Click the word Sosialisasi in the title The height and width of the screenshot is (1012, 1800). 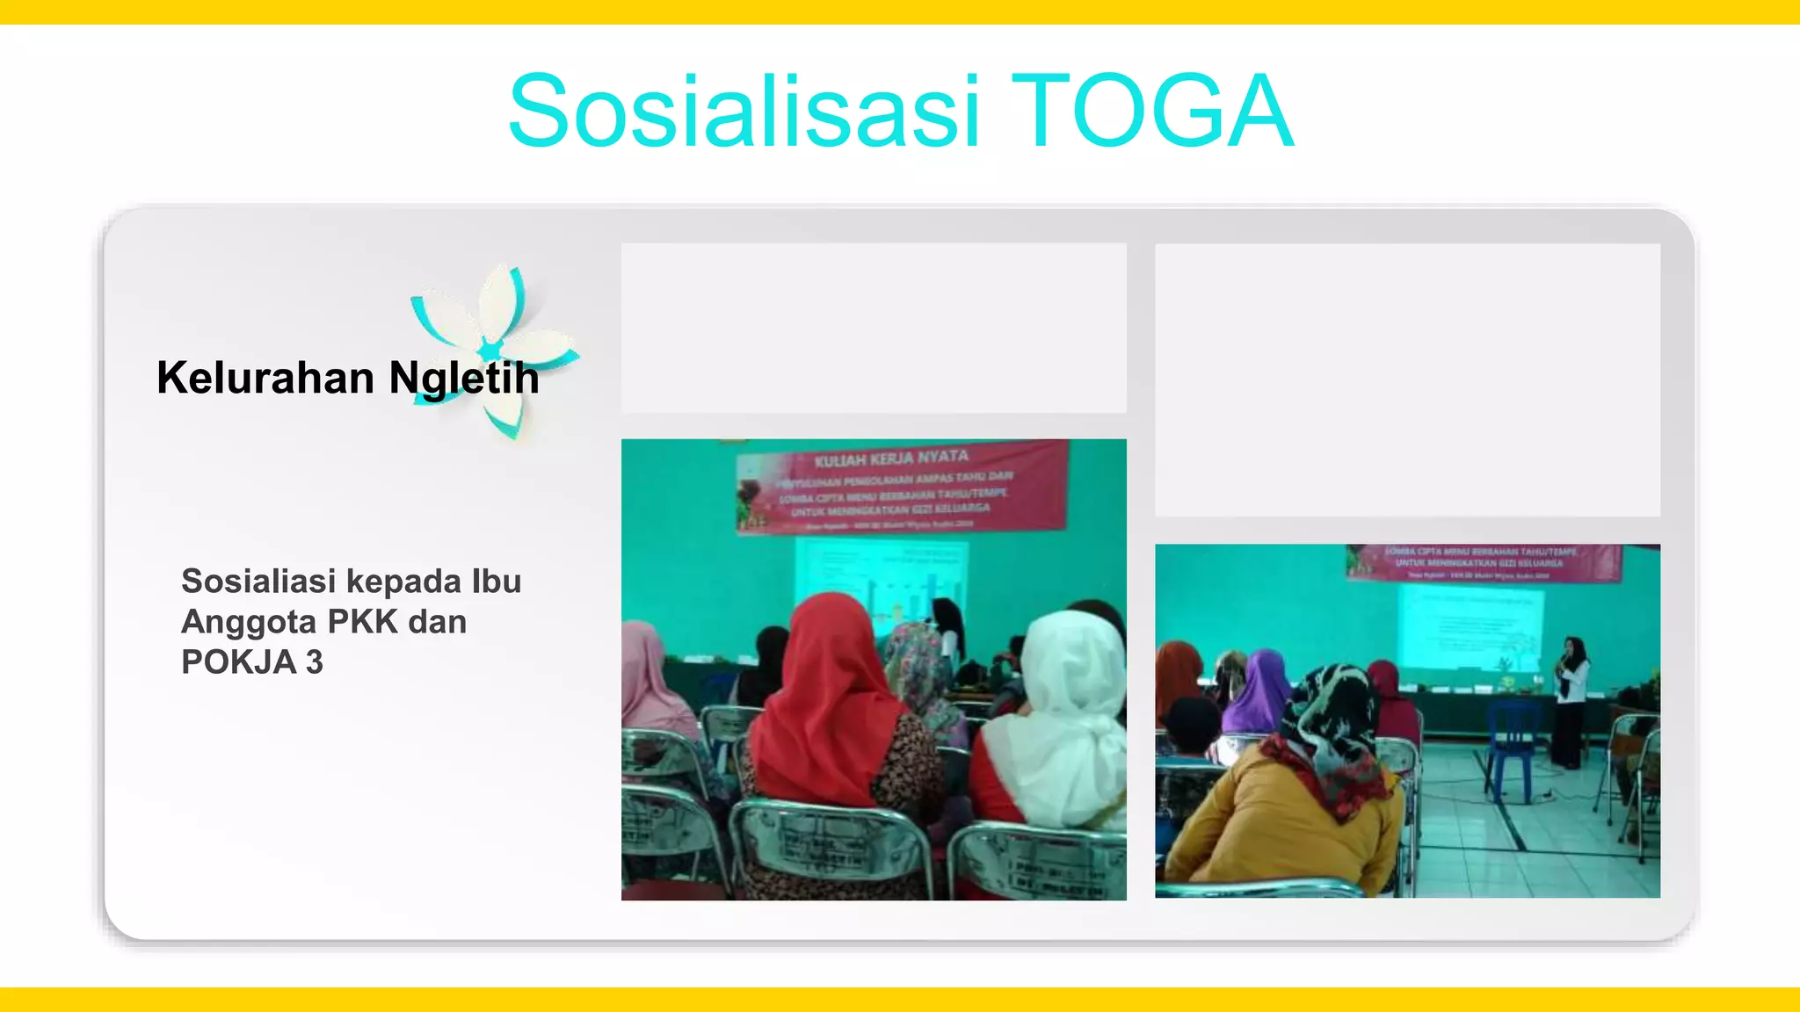point(744,112)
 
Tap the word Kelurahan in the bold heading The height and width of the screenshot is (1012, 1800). point(265,379)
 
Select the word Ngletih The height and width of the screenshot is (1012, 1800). point(464,379)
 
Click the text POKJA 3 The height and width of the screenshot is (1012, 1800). point(252,662)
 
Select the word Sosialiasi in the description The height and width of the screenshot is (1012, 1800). point(258,582)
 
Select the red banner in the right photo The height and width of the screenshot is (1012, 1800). point(1483,562)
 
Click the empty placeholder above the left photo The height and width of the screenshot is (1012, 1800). point(874,328)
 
